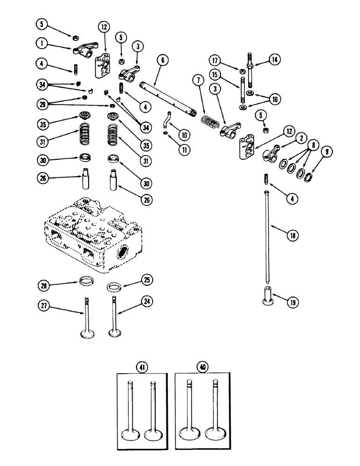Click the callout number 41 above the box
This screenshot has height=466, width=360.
[x=140, y=367]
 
